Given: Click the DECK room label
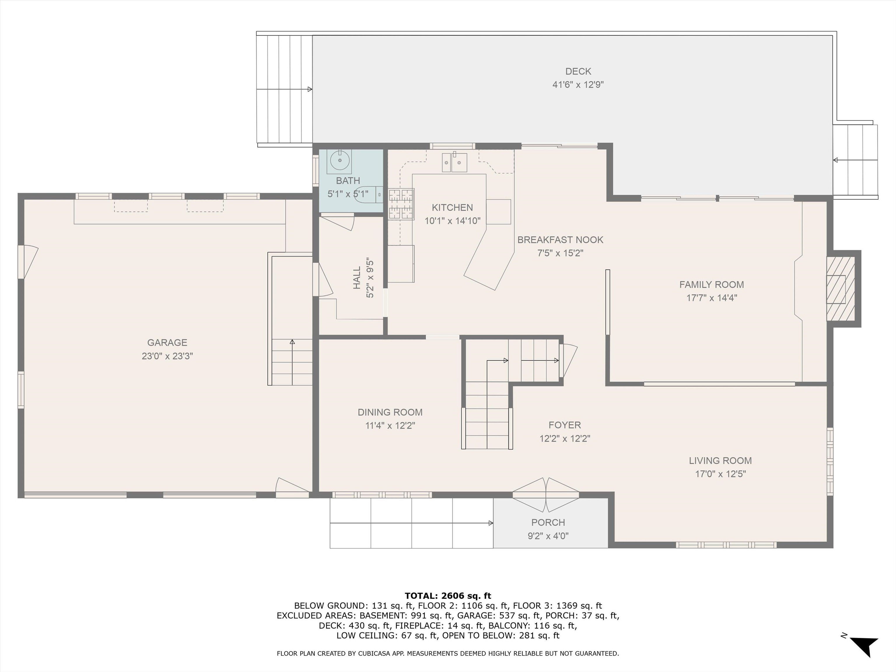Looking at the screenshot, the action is pos(578,71).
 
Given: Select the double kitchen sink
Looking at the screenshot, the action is pos(454,162).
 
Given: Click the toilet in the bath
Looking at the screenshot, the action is pos(367,195).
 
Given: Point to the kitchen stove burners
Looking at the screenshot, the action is pos(401,204).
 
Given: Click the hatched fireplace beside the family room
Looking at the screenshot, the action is pos(841,289).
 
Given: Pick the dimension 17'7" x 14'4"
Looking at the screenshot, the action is pos(711,298).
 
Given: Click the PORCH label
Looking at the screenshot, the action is pos(548,523).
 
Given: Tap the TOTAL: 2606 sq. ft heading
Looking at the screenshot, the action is pos(448,596).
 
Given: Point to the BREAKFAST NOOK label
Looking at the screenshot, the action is pos(560,240).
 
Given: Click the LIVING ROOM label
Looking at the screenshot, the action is pos(720,461).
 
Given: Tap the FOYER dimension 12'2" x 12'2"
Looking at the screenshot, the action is pos(565,438).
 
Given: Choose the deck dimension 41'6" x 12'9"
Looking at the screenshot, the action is pos(578,85).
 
